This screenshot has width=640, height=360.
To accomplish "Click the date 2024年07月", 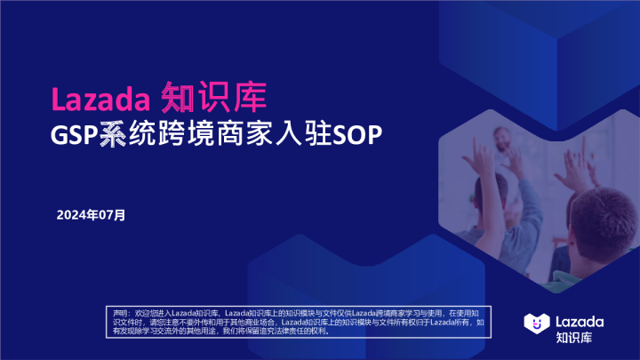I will tap(91, 215).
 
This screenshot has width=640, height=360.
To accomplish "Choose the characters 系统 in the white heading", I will tap(125, 136).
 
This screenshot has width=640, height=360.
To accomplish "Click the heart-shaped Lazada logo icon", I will tap(535, 323).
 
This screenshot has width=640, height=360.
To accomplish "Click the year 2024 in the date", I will tap(70, 215).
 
